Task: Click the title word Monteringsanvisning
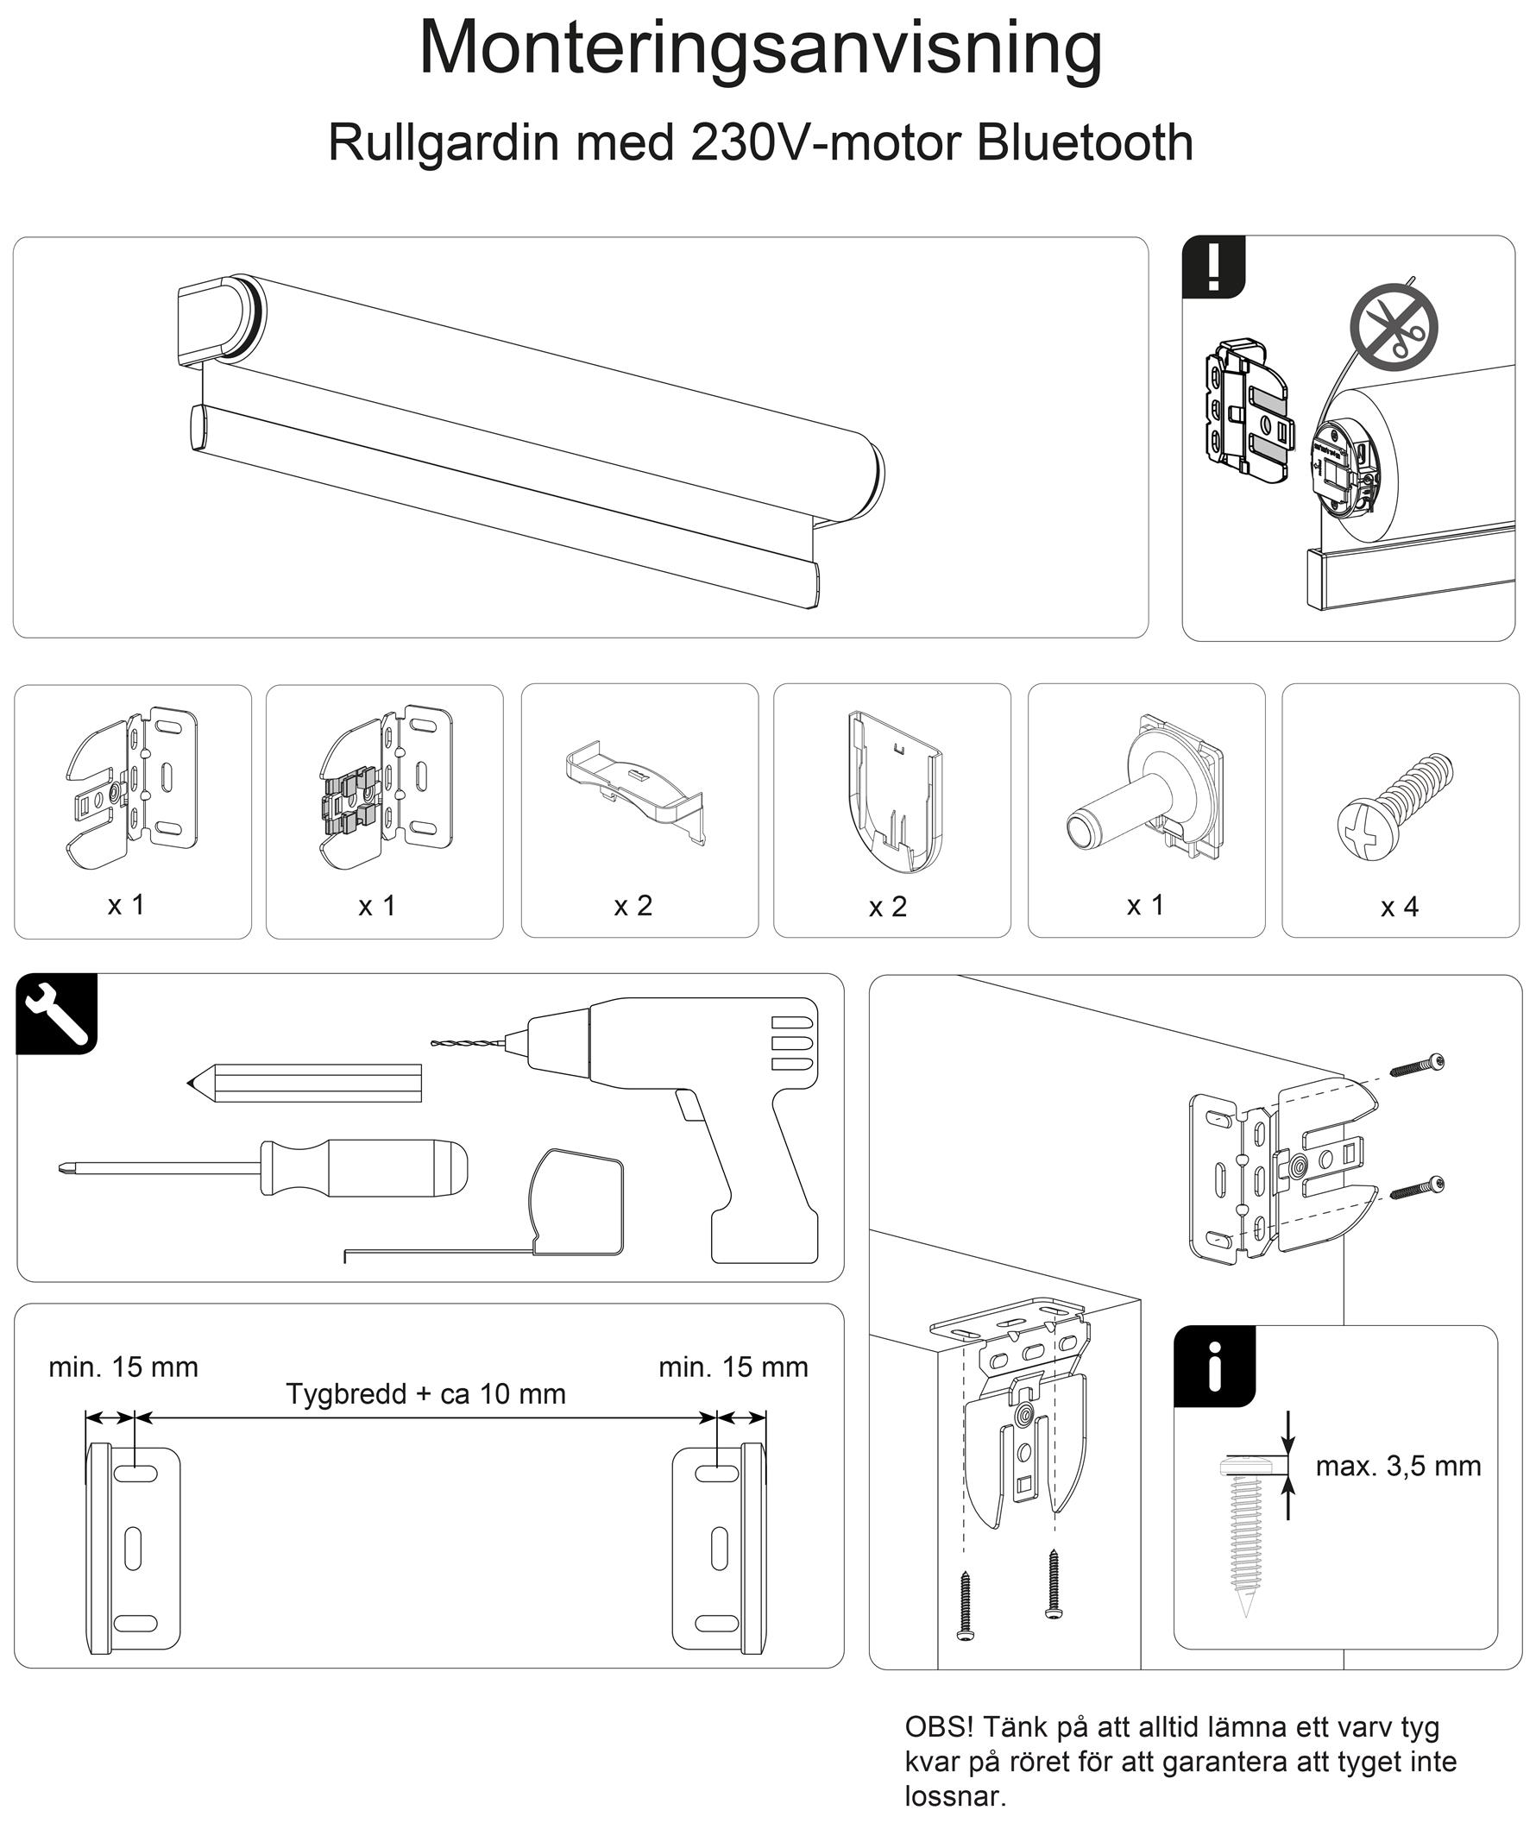pyautogui.click(x=760, y=48)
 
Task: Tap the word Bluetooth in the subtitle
pyautogui.click(x=1084, y=143)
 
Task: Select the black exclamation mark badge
pyautogui.click(x=1213, y=267)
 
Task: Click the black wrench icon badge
pyautogui.click(x=57, y=1013)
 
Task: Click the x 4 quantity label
pyautogui.click(x=1399, y=907)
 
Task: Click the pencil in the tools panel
pyautogui.click(x=305, y=1083)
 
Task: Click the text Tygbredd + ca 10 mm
pyautogui.click(x=426, y=1393)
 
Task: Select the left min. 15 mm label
pyautogui.click(x=123, y=1367)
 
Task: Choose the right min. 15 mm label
pyautogui.click(x=733, y=1367)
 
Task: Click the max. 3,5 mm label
pyautogui.click(x=1397, y=1466)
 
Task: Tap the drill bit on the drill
pyautogui.click(x=468, y=1042)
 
